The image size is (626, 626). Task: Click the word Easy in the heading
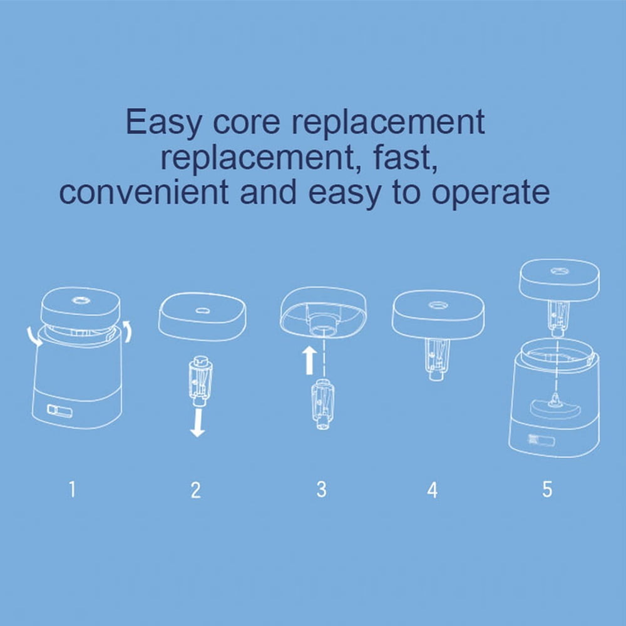coord(163,122)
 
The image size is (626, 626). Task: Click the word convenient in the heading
coord(144,192)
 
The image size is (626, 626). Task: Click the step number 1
coord(72,489)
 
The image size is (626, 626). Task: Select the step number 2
coord(195,490)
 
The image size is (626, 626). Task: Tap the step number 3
coord(321,489)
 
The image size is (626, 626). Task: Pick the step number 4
coord(433,490)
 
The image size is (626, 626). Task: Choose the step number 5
coord(547,489)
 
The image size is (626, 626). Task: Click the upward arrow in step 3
coord(309,360)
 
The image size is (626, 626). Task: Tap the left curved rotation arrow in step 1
coord(33,337)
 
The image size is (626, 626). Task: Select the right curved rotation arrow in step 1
coord(127,331)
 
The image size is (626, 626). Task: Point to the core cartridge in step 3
coord(322,404)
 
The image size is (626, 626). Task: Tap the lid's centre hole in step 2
coord(202,310)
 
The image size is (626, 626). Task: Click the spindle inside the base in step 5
coord(555,401)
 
